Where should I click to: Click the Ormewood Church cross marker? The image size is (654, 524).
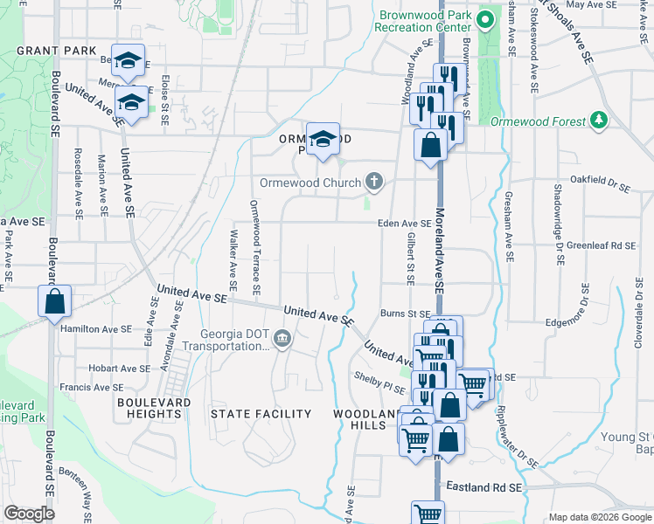click(x=373, y=182)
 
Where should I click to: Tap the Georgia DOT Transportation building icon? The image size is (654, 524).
click(x=282, y=339)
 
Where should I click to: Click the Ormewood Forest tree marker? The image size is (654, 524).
click(x=599, y=120)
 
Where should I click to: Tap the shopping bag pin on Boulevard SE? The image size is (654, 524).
click(x=54, y=301)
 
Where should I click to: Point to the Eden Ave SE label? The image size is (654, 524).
click(x=404, y=224)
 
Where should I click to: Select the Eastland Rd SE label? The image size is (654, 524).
click(x=484, y=486)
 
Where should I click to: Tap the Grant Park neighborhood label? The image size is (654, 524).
click(x=56, y=51)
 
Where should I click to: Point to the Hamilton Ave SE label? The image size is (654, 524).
click(x=96, y=329)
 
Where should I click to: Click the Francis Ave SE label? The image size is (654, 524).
click(x=92, y=387)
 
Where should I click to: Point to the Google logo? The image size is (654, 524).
click(x=30, y=514)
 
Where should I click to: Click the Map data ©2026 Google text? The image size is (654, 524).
click(x=598, y=517)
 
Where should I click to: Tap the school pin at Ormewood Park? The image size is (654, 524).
click(x=323, y=139)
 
